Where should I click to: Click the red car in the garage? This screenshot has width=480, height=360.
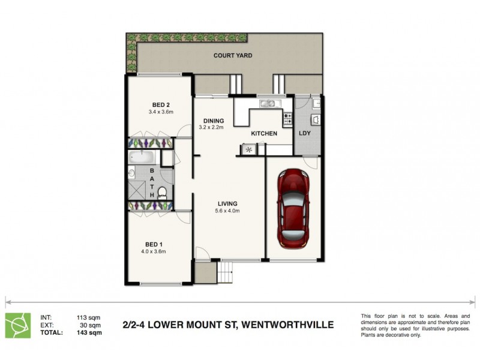(x=294, y=210)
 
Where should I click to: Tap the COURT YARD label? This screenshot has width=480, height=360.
(x=233, y=56)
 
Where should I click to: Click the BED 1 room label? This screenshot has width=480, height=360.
(x=154, y=244)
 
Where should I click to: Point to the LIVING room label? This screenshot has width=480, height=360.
(x=227, y=203)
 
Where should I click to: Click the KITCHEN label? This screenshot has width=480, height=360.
(x=264, y=133)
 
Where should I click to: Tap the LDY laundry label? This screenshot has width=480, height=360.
(x=305, y=133)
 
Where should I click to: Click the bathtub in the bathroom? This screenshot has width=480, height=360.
(x=143, y=158)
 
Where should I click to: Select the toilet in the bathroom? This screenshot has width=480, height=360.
(x=162, y=193)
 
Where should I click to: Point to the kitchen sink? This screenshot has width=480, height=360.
(x=268, y=105)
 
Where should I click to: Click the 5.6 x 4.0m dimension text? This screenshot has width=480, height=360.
(x=227, y=211)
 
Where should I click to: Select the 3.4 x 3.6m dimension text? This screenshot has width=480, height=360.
(x=160, y=112)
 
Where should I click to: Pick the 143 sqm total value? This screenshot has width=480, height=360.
(x=89, y=332)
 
